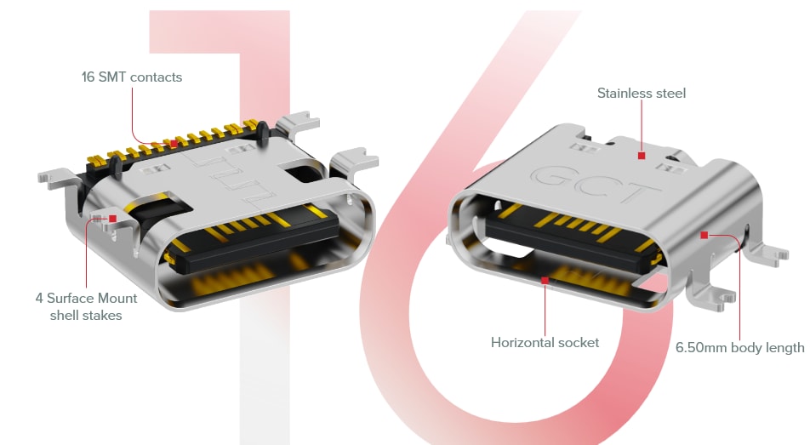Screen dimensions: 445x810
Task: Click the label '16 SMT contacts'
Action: [x=132, y=77]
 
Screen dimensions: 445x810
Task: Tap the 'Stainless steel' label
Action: [x=641, y=93]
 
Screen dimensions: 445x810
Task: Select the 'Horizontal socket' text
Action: [x=545, y=343]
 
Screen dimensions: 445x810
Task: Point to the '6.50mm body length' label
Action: [x=739, y=348]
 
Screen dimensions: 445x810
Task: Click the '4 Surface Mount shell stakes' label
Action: [x=86, y=307]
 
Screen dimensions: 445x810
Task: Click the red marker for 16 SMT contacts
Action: [x=174, y=143]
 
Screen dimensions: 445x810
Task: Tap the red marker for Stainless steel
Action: [x=642, y=156]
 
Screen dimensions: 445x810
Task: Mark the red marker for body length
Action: [x=704, y=233]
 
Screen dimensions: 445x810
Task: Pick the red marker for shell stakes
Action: [x=112, y=219]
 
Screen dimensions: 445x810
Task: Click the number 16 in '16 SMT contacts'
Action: [x=88, y=77]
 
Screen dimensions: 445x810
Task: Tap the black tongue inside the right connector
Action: [x=570, y=242]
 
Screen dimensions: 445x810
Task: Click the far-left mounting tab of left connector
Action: [x=51, y=179]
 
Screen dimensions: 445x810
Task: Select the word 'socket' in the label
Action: [x=579, y=343]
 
